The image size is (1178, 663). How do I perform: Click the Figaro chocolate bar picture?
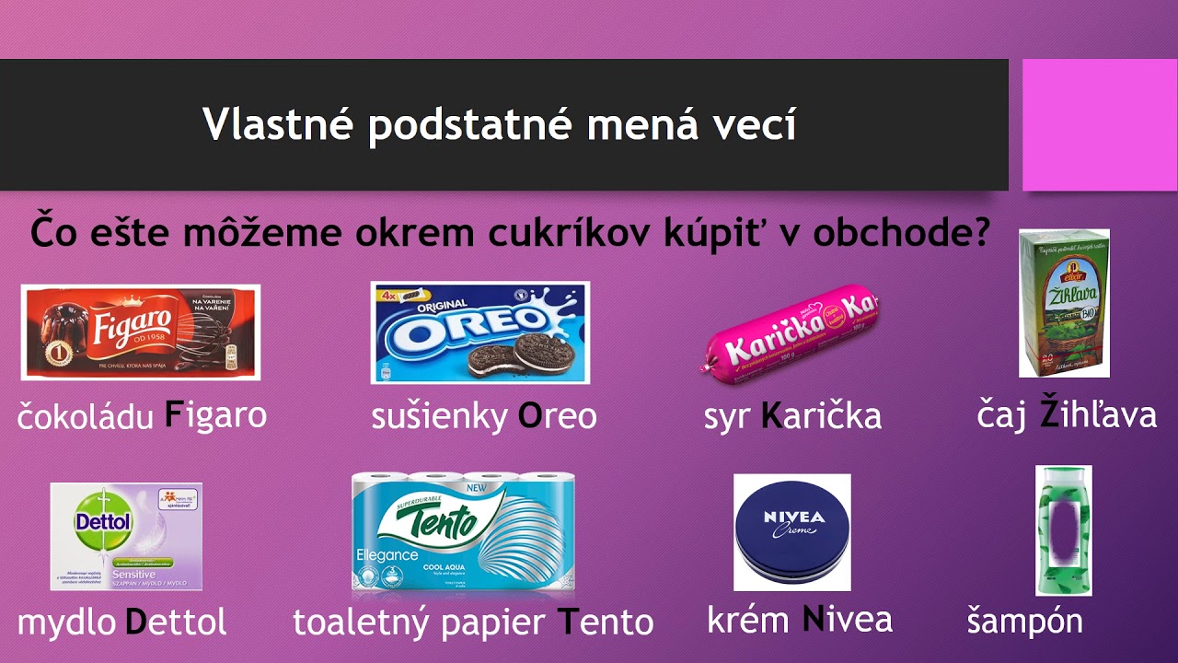pos(140,331)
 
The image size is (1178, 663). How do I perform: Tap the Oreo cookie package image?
pos(479,332)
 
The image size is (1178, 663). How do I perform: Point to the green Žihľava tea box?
pos(1063,303)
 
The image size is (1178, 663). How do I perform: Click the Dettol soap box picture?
pos(125,536)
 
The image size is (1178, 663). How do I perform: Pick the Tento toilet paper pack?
pos(463,533)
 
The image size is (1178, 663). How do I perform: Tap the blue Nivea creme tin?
pos(791,532)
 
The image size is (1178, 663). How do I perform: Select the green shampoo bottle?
pos(1063,530)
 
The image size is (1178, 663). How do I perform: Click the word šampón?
pos(1024,622)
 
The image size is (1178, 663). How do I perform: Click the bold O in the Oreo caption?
pos(529,416)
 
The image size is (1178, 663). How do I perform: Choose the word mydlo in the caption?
pos(67,623)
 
